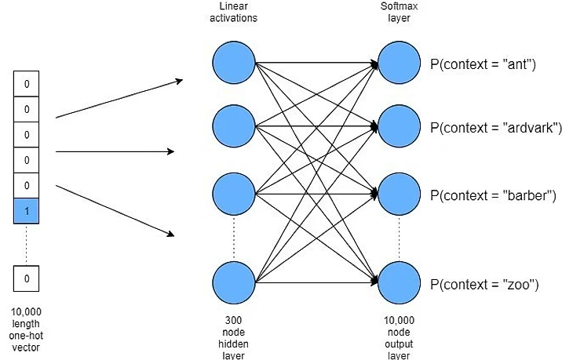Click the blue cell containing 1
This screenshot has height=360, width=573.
click(x=27, y=211)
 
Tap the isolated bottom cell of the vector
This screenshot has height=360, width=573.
click(x=27, y=278)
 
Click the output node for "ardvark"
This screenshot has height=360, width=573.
click(x=400, y=125)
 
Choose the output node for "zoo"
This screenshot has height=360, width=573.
click(x=400, y=283)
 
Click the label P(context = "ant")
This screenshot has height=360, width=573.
click(x=482, y=64)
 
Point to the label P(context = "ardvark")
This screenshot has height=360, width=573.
click(x=495, y=127)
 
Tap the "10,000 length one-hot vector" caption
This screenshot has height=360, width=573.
click(x=27, y=329)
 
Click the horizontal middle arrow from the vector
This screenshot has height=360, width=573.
click(x=115, y=151)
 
